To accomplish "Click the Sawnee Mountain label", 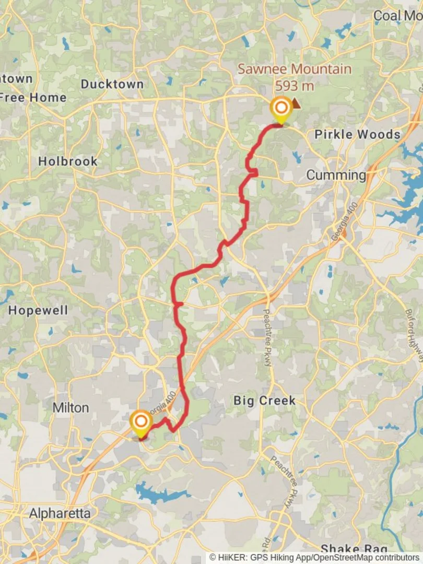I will click(295, 69).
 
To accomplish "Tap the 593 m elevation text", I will click(295, 85).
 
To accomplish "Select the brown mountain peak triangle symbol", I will click(296, 104).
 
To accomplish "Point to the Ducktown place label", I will click(112, 84).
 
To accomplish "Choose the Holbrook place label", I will click(68, 161).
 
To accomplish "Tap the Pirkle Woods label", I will click(357, 135).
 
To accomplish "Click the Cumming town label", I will click(336, 175).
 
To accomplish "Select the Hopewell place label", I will click(38, 311).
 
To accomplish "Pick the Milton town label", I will click(70, 407).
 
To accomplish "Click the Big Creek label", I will click(264, 401).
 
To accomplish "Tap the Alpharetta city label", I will click(60, 513).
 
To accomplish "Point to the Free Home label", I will click(33, 98).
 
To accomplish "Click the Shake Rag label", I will click(354, 548).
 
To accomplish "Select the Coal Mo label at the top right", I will click(397, 16).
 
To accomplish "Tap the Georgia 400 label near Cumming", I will click(345, 221).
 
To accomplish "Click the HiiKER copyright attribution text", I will click(315, 558).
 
